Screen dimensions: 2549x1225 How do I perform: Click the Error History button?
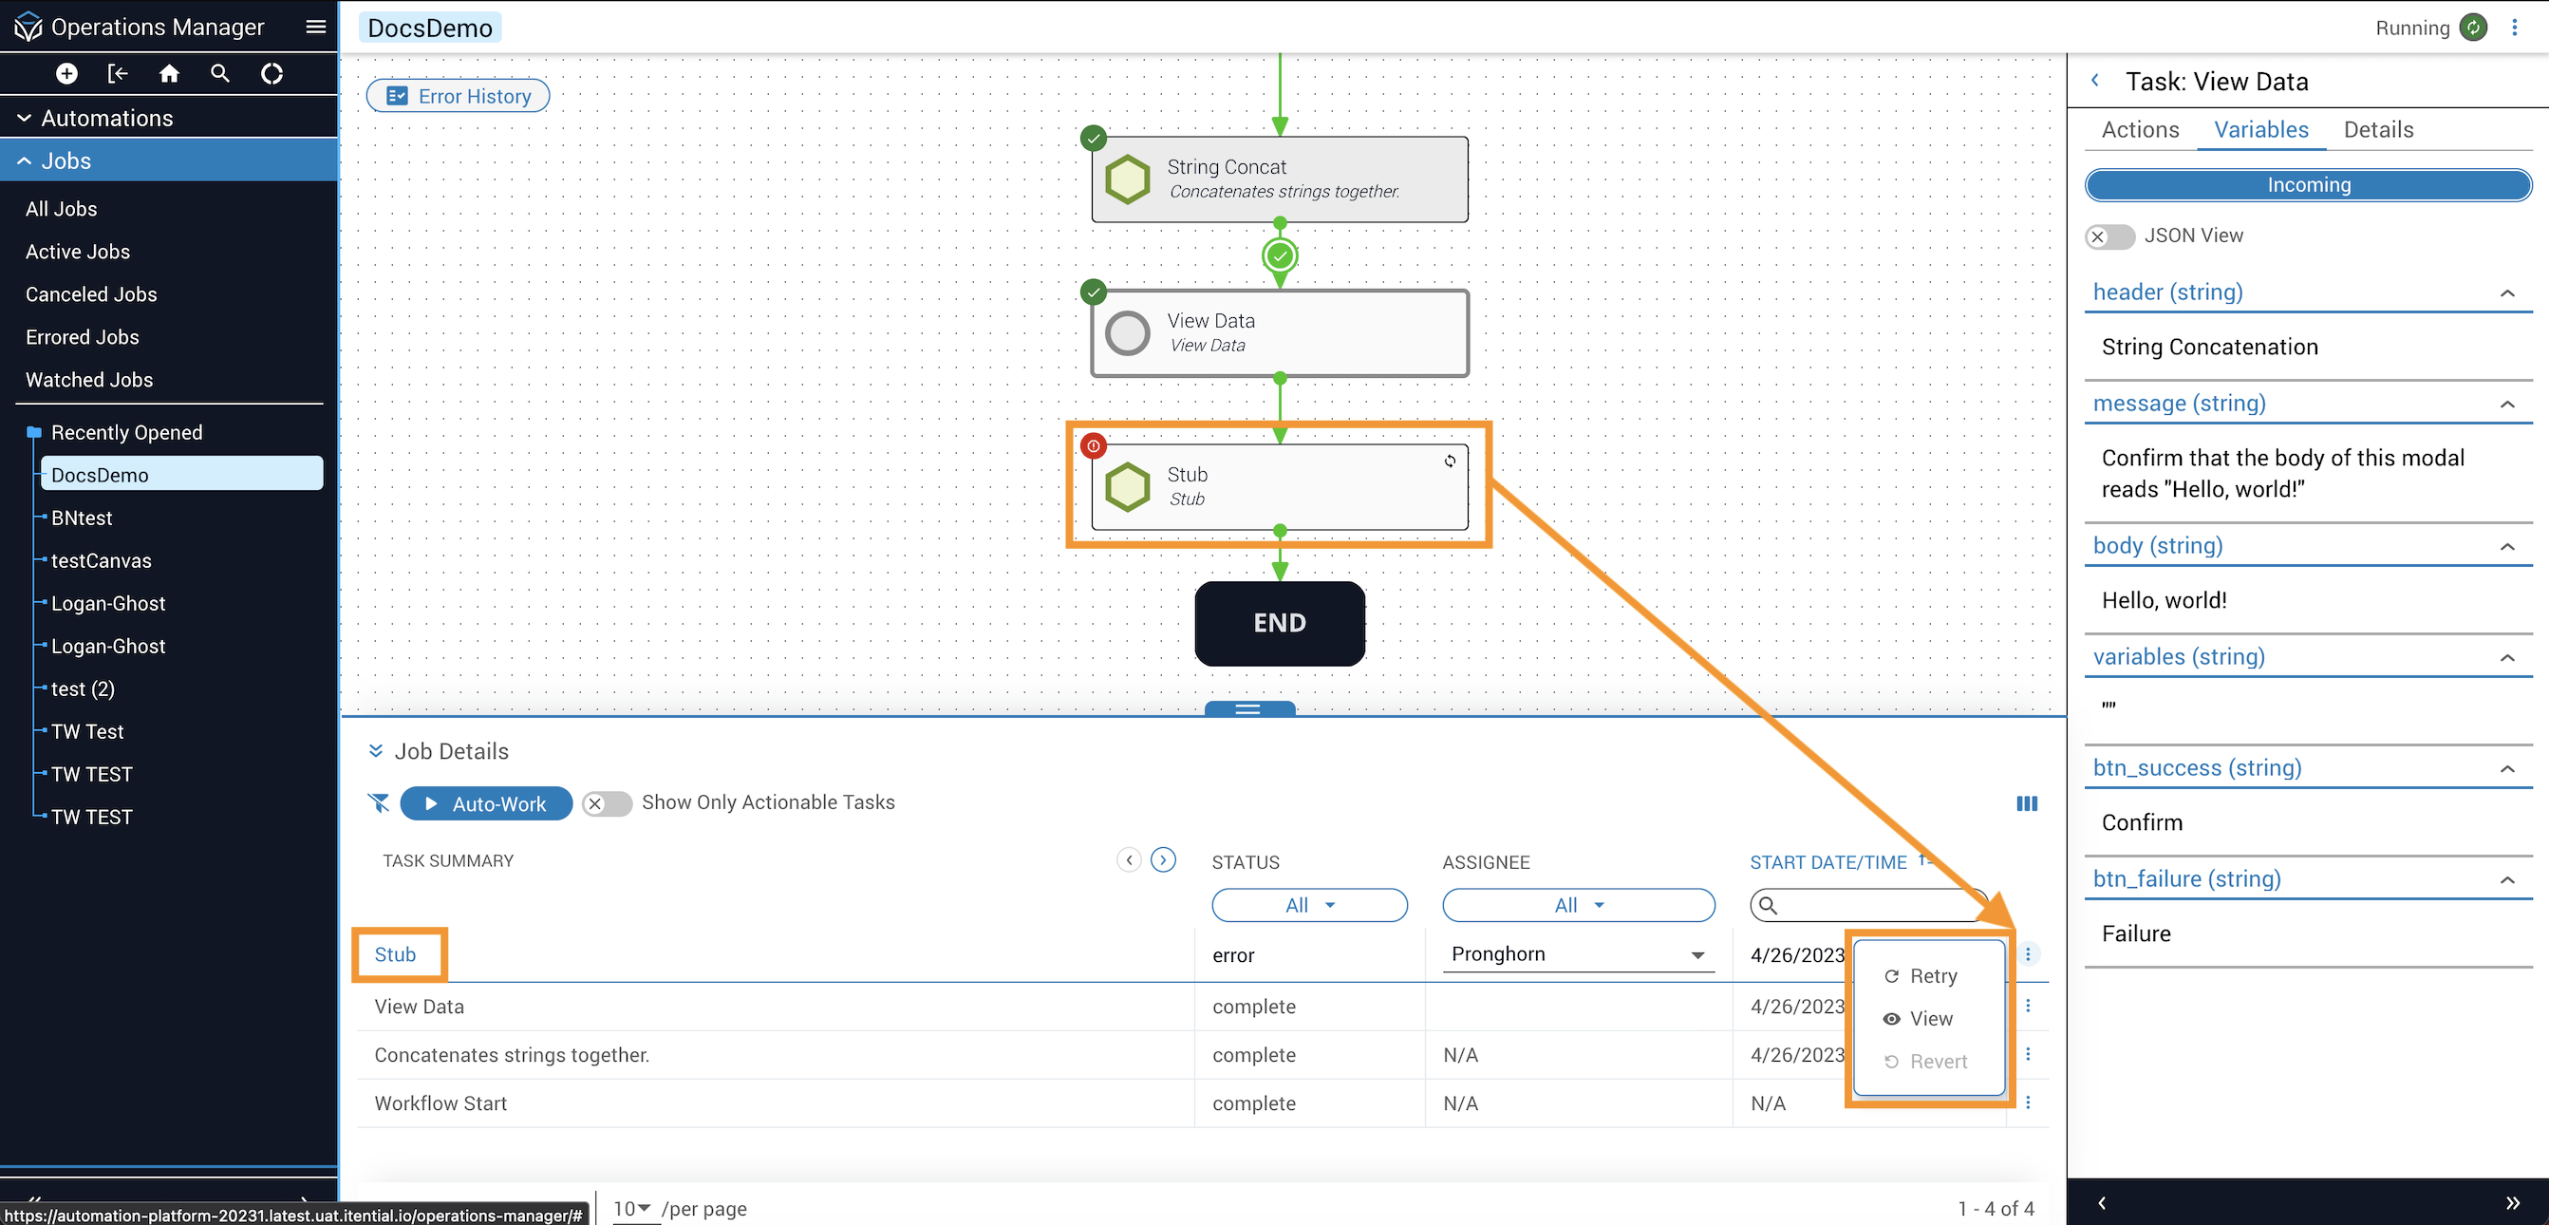click(459, 96)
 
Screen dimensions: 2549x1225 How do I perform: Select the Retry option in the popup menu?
click(1921, 975)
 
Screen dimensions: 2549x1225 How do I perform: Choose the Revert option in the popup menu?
click(1924, 1061)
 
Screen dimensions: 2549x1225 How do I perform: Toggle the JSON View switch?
click(2109, 236)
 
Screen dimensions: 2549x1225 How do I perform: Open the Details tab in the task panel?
click(2378, 130)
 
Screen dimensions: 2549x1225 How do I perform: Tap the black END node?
click(1280, 622)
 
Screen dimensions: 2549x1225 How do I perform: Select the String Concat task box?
click(1280, 179)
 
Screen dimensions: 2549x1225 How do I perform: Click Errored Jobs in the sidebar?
click(83, 336)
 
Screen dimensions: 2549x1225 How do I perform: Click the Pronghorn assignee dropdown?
click(1578, 953)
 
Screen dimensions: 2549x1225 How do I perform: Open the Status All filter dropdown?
click(1309, 904)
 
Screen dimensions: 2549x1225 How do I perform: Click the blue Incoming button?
click(2308, 185)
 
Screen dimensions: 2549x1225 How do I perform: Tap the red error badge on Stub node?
click(1094, 446)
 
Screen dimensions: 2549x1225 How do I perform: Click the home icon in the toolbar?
click(169, 73)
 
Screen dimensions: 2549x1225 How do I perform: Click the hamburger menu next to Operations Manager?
click(315, 27)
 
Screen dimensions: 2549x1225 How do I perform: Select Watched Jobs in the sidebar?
click(89, 379)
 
